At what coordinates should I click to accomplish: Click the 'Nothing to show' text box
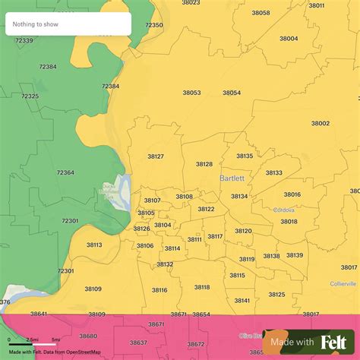coord(67,24)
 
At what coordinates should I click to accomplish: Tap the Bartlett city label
coord(231,178)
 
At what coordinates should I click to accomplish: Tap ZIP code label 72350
coord(154,25)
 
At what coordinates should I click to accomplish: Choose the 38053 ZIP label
coord(191,93)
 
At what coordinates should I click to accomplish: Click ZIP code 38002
coord(320,123)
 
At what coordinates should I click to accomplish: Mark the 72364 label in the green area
coord(65,172)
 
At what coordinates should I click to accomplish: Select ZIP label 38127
coord(156,156)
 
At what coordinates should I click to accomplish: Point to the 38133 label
coord(273,172)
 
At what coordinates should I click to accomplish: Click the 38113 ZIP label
coord(94,245)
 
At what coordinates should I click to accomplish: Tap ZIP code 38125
coord(276,294)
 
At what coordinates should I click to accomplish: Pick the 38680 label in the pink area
coord(88,336)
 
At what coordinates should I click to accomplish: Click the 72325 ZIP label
coord(30,96)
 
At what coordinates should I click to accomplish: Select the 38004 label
coord(289,38)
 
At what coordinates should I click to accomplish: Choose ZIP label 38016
coord(292,194)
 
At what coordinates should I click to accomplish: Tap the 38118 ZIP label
coord(201,286)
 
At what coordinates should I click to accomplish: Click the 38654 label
coord(201,314)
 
